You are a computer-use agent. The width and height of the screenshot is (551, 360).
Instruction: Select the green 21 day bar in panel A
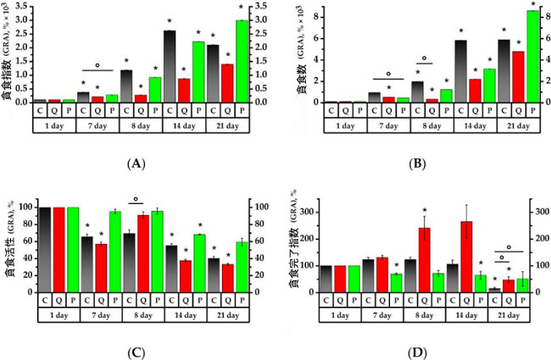pyautogui.click(x=242, y=61)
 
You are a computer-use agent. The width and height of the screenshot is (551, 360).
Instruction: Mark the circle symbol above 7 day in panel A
pyautogui.click(x=97, y=64)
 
